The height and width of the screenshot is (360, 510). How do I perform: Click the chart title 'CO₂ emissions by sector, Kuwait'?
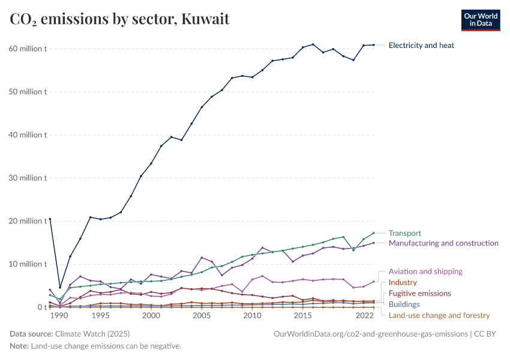tap(119, 19)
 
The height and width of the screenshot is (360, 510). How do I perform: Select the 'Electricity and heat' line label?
tap(421, 45)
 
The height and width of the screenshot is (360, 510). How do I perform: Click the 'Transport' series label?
tap(404, 233)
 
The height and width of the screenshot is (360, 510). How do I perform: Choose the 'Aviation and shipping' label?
tap(425, 271)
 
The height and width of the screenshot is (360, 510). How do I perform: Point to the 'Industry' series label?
tap(402, 282)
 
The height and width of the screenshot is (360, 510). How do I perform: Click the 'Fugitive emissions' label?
tap(419, 293)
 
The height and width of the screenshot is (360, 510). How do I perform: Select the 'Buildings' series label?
tap(404, 304)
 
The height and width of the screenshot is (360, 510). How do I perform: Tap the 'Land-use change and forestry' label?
tap(439, 315)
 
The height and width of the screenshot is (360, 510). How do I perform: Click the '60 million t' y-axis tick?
tap(27, 49)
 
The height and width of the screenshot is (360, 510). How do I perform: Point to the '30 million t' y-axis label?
tap(27, 178)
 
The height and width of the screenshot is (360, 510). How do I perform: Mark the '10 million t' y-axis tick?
tap(27, 264)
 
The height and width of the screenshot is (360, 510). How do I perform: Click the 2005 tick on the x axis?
tap(202, 316)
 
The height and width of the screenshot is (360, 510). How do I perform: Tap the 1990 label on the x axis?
tap(60, 316)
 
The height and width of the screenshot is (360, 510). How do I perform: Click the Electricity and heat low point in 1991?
tap(60, 287)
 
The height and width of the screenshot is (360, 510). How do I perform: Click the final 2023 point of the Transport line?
tap(374, 233)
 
